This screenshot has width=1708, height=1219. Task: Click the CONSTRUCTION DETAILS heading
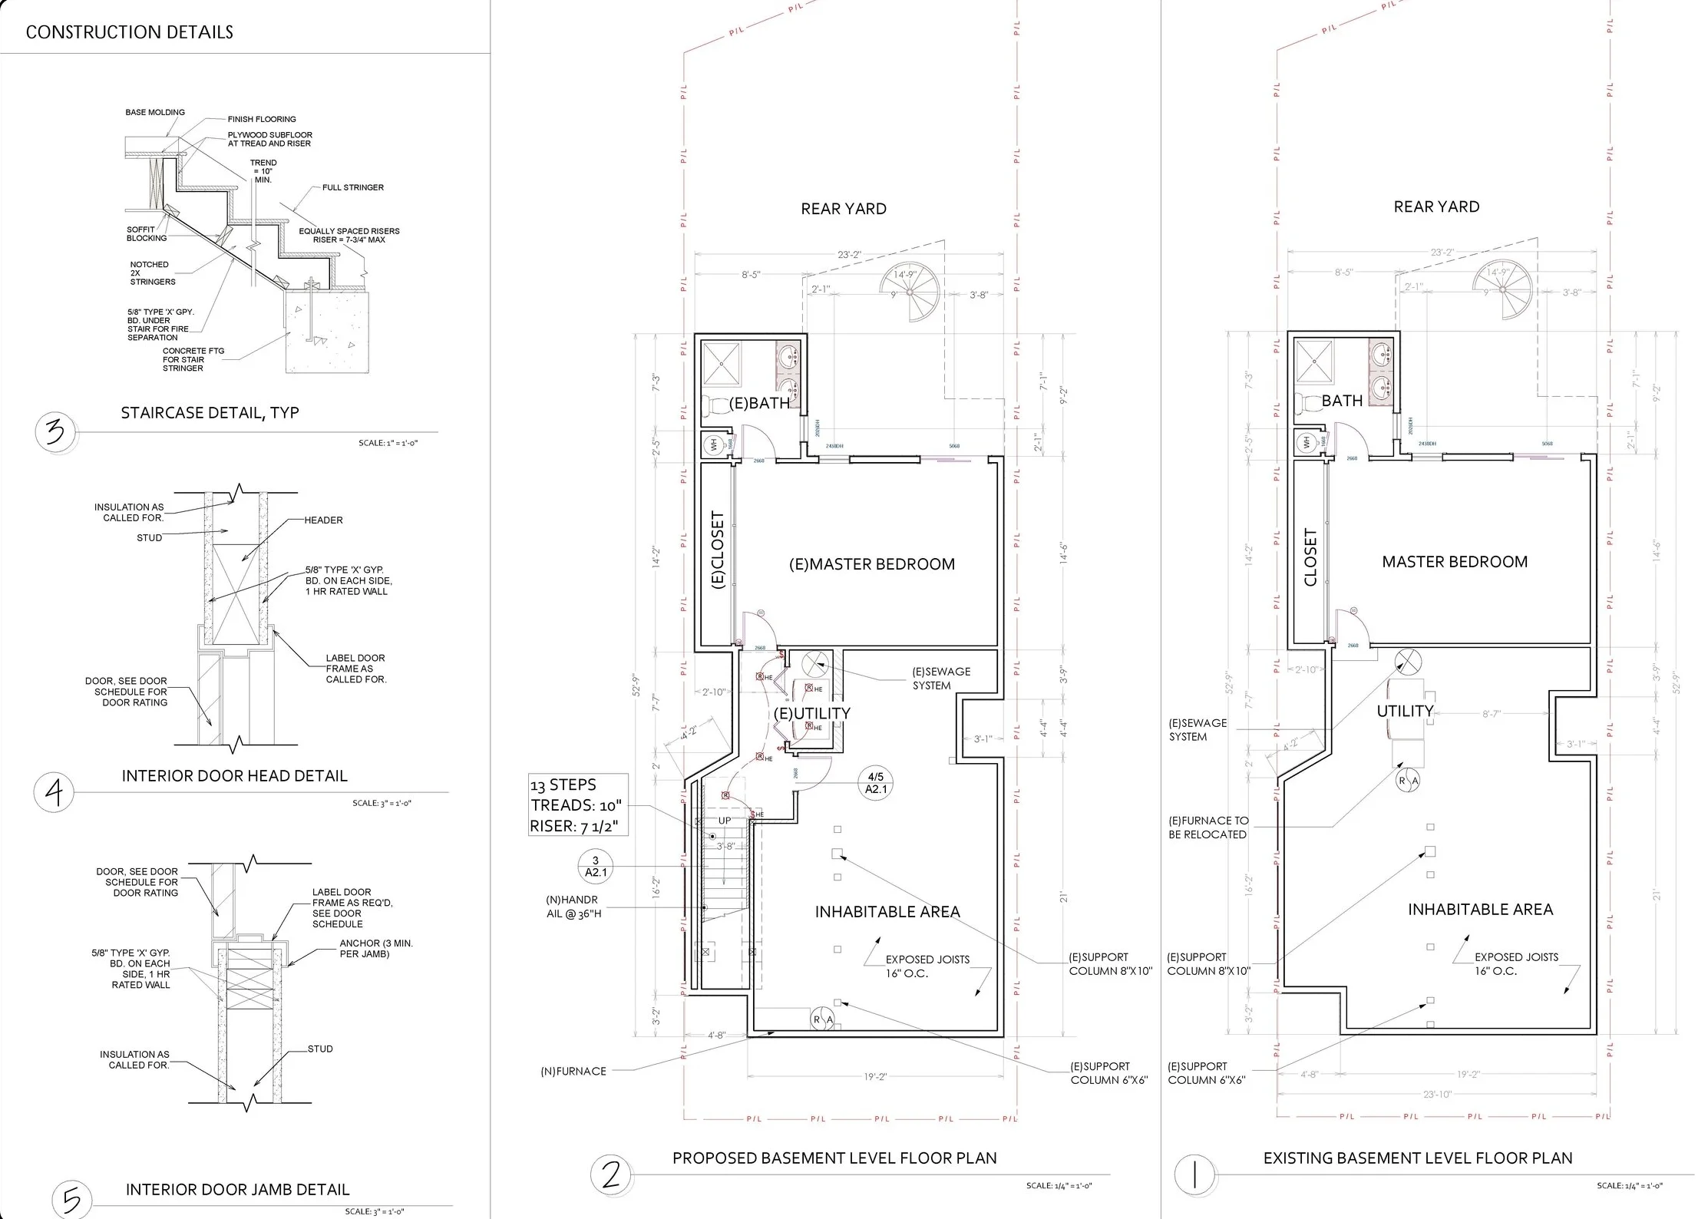pyautogui.click(x=129, y=32)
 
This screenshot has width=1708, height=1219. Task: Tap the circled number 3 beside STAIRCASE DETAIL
pyautogui.click(x=55, y=433)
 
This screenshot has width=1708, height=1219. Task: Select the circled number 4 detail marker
pyautogui.click(x=53, y=791)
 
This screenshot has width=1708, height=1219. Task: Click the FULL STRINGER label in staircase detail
pyautogui.click(x=352, y=187)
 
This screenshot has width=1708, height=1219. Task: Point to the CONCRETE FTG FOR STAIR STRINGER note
pyautogui.click(x=193, y=359)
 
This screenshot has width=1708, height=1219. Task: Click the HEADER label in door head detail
pyautogui.click(x=323, y=520)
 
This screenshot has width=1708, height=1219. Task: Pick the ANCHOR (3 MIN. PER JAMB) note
pyautogui.click(x=375, y=948)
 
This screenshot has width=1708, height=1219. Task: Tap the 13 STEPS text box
pyautogui.click(x=577, y=804)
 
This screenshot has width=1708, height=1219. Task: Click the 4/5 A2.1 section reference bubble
pyautogui.click(x=875, y=783)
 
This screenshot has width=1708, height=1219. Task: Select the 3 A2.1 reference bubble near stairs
pyautogui.click(x=596, y=866)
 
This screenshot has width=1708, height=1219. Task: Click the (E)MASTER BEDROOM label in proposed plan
pyautogui.click(x=872, y=564)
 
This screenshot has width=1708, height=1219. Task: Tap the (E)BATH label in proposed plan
pyautogui.click(x=758, y=403)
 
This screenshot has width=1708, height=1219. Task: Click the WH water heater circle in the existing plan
pyautogui.click(x=1307, y=442)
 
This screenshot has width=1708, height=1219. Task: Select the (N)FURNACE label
pyautogui.click(x=573, y=1071)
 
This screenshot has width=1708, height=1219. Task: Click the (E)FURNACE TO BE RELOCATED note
pyautogui.click(x=1207, y=828)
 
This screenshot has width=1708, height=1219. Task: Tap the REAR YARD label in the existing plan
pyautogui.click(x=1435, y=206)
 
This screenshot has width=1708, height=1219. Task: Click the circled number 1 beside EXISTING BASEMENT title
pyautogui.click(x=1194, y=1174)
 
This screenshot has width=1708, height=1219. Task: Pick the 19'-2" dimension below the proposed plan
pyautogui.click(x=874, y=1077)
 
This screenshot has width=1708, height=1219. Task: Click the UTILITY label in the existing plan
pyautogui.click(x=1404, y=711)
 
